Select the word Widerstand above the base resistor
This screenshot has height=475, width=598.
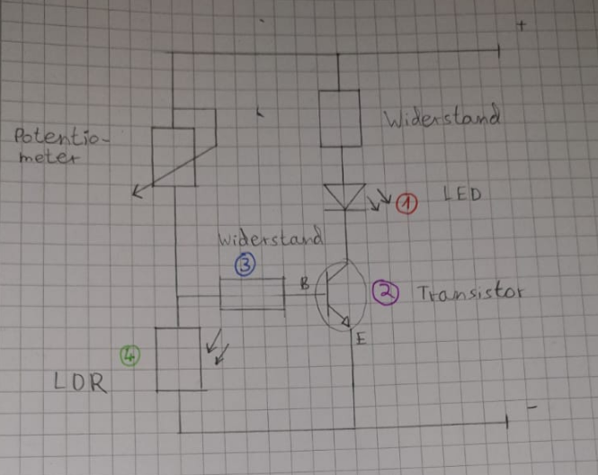271,240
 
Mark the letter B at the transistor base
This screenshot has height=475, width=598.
304,285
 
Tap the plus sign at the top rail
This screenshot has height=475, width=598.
522,26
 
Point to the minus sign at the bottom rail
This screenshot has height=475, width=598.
532,408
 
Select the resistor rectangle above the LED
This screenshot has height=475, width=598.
341,118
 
